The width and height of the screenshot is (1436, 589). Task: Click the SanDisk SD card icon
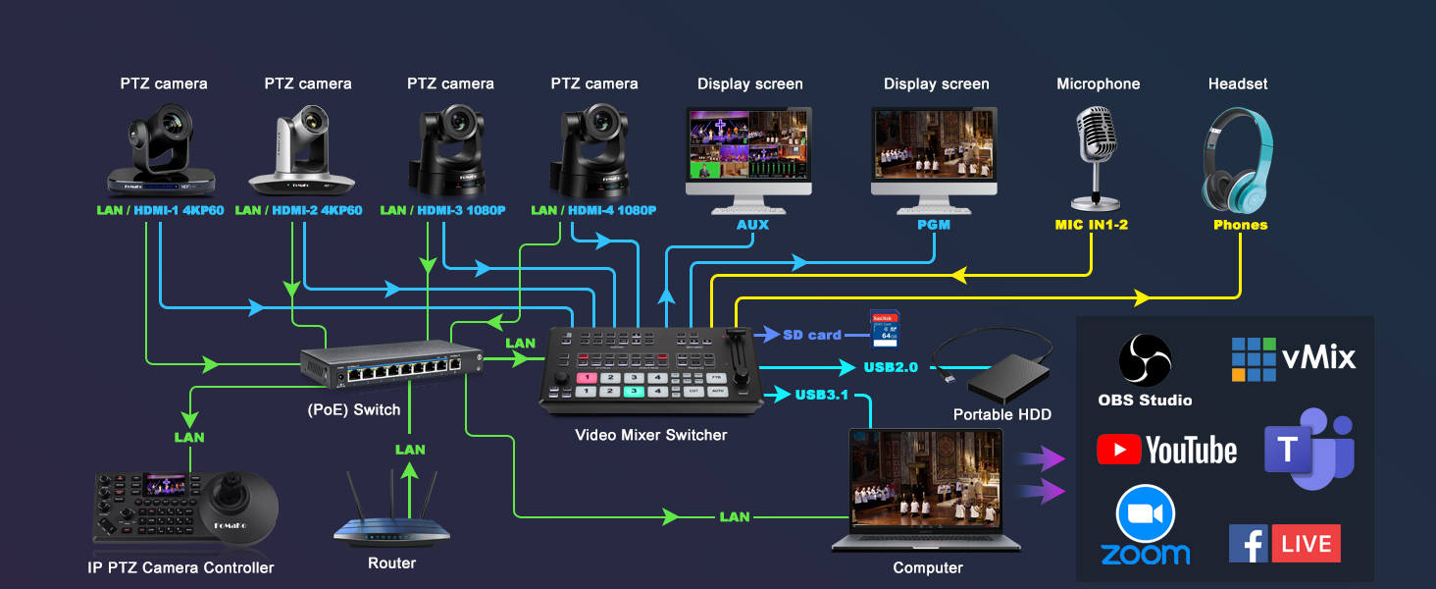tap(885, 329)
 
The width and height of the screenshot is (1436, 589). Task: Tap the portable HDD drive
tap(1007, 378)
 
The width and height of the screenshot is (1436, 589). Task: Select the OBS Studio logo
tap(1145, 360)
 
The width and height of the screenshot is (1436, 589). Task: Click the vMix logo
tap(1294, 358)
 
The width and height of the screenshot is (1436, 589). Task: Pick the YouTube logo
tap(1167, 450)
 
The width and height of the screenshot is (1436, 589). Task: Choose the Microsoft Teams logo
tap(1309, 449)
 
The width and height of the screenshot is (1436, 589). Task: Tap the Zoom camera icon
tap(1145, 514)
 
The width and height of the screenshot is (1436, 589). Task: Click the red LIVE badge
tap(1306, 544)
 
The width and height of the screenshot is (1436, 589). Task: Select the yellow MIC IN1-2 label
tap(1091, 225)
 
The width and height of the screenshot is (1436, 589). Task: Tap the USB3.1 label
tap(821, 395)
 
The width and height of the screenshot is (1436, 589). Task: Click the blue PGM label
tap(934, 225)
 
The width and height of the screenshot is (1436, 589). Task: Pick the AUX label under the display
tap(752, 225)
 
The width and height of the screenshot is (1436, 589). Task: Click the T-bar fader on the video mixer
tap(736, 349)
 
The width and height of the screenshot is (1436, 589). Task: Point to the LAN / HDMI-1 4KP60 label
tap(160, 210)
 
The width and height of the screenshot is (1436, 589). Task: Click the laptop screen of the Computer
tap(925, 479)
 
